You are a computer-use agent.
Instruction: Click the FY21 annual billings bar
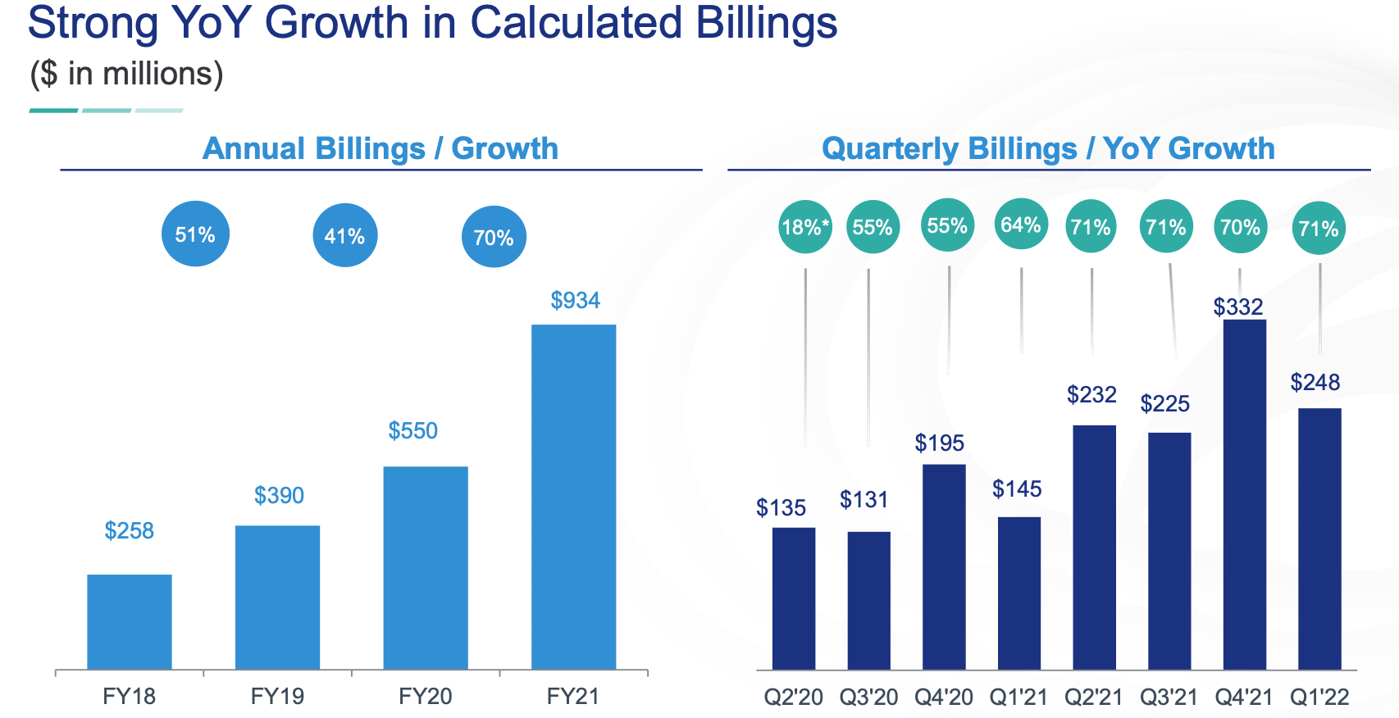coord(573,497)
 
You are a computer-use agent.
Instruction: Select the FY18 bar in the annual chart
coord(130,621)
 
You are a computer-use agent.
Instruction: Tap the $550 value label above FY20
coord(412,430)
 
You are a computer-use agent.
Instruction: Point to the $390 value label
coord(279,495)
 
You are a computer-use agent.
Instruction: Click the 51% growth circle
coord(195,234)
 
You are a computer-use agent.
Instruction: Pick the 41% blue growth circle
coord(344,236)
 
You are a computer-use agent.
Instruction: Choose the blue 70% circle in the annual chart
coord(494,238)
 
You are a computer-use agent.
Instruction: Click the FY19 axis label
coord(277,696)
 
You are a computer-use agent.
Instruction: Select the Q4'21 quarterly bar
coord(1244,494)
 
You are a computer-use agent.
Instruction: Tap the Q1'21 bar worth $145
coord(1018,593)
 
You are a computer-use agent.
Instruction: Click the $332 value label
coord(1238,307)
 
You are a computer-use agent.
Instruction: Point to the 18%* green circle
coord(805,227)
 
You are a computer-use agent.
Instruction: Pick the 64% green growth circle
coord(1021,225)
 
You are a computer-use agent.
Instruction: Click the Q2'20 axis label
coord(793,697)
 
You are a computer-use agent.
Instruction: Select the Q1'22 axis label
coord(1319,697)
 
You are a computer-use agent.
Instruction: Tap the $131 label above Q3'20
coord(864,499)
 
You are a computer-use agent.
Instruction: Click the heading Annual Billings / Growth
coord(381,148)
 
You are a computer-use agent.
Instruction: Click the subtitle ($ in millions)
coord(126,74)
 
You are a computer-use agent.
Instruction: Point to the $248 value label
coord(1315,382)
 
